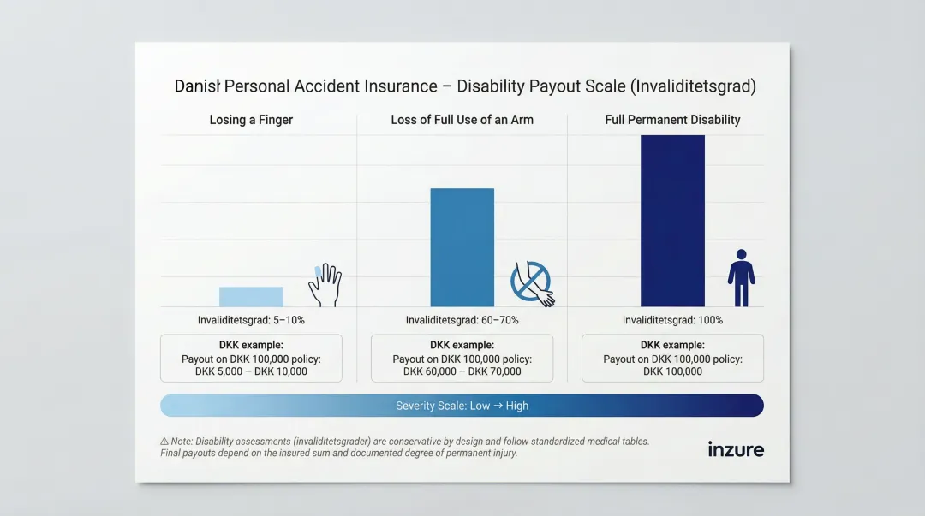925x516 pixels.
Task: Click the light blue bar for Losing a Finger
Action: click(x=251, y=297)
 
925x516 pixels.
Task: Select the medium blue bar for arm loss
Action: click(x=462, y=247)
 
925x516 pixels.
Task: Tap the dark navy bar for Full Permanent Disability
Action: click(x=672, y=221)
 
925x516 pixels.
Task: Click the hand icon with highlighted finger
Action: click(x=325, y=285)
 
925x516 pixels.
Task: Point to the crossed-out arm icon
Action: click(x=532, y=284)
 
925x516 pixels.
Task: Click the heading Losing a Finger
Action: click(x=251, y=120)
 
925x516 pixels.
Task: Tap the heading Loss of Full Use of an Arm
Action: click(x=462, y=120)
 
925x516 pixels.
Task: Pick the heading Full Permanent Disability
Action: click(x=672, y=120)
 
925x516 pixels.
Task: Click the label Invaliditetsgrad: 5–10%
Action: click(x=251, y=320)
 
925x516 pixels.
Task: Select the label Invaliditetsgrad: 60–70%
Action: click(x=462, y=320)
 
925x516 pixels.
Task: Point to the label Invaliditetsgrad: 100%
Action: click(x=672, y=320)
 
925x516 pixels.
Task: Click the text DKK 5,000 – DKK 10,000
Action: click(x=251, y=371)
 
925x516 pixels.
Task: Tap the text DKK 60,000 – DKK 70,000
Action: click(x=462, y=371)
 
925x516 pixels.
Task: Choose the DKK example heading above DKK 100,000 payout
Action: click(x=672, y=345)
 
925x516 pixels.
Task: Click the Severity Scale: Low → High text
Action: click(x=462, y=406)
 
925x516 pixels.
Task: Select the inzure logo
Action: click(x=735, y=449)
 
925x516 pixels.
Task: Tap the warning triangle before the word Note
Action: click(x=164, y=442)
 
